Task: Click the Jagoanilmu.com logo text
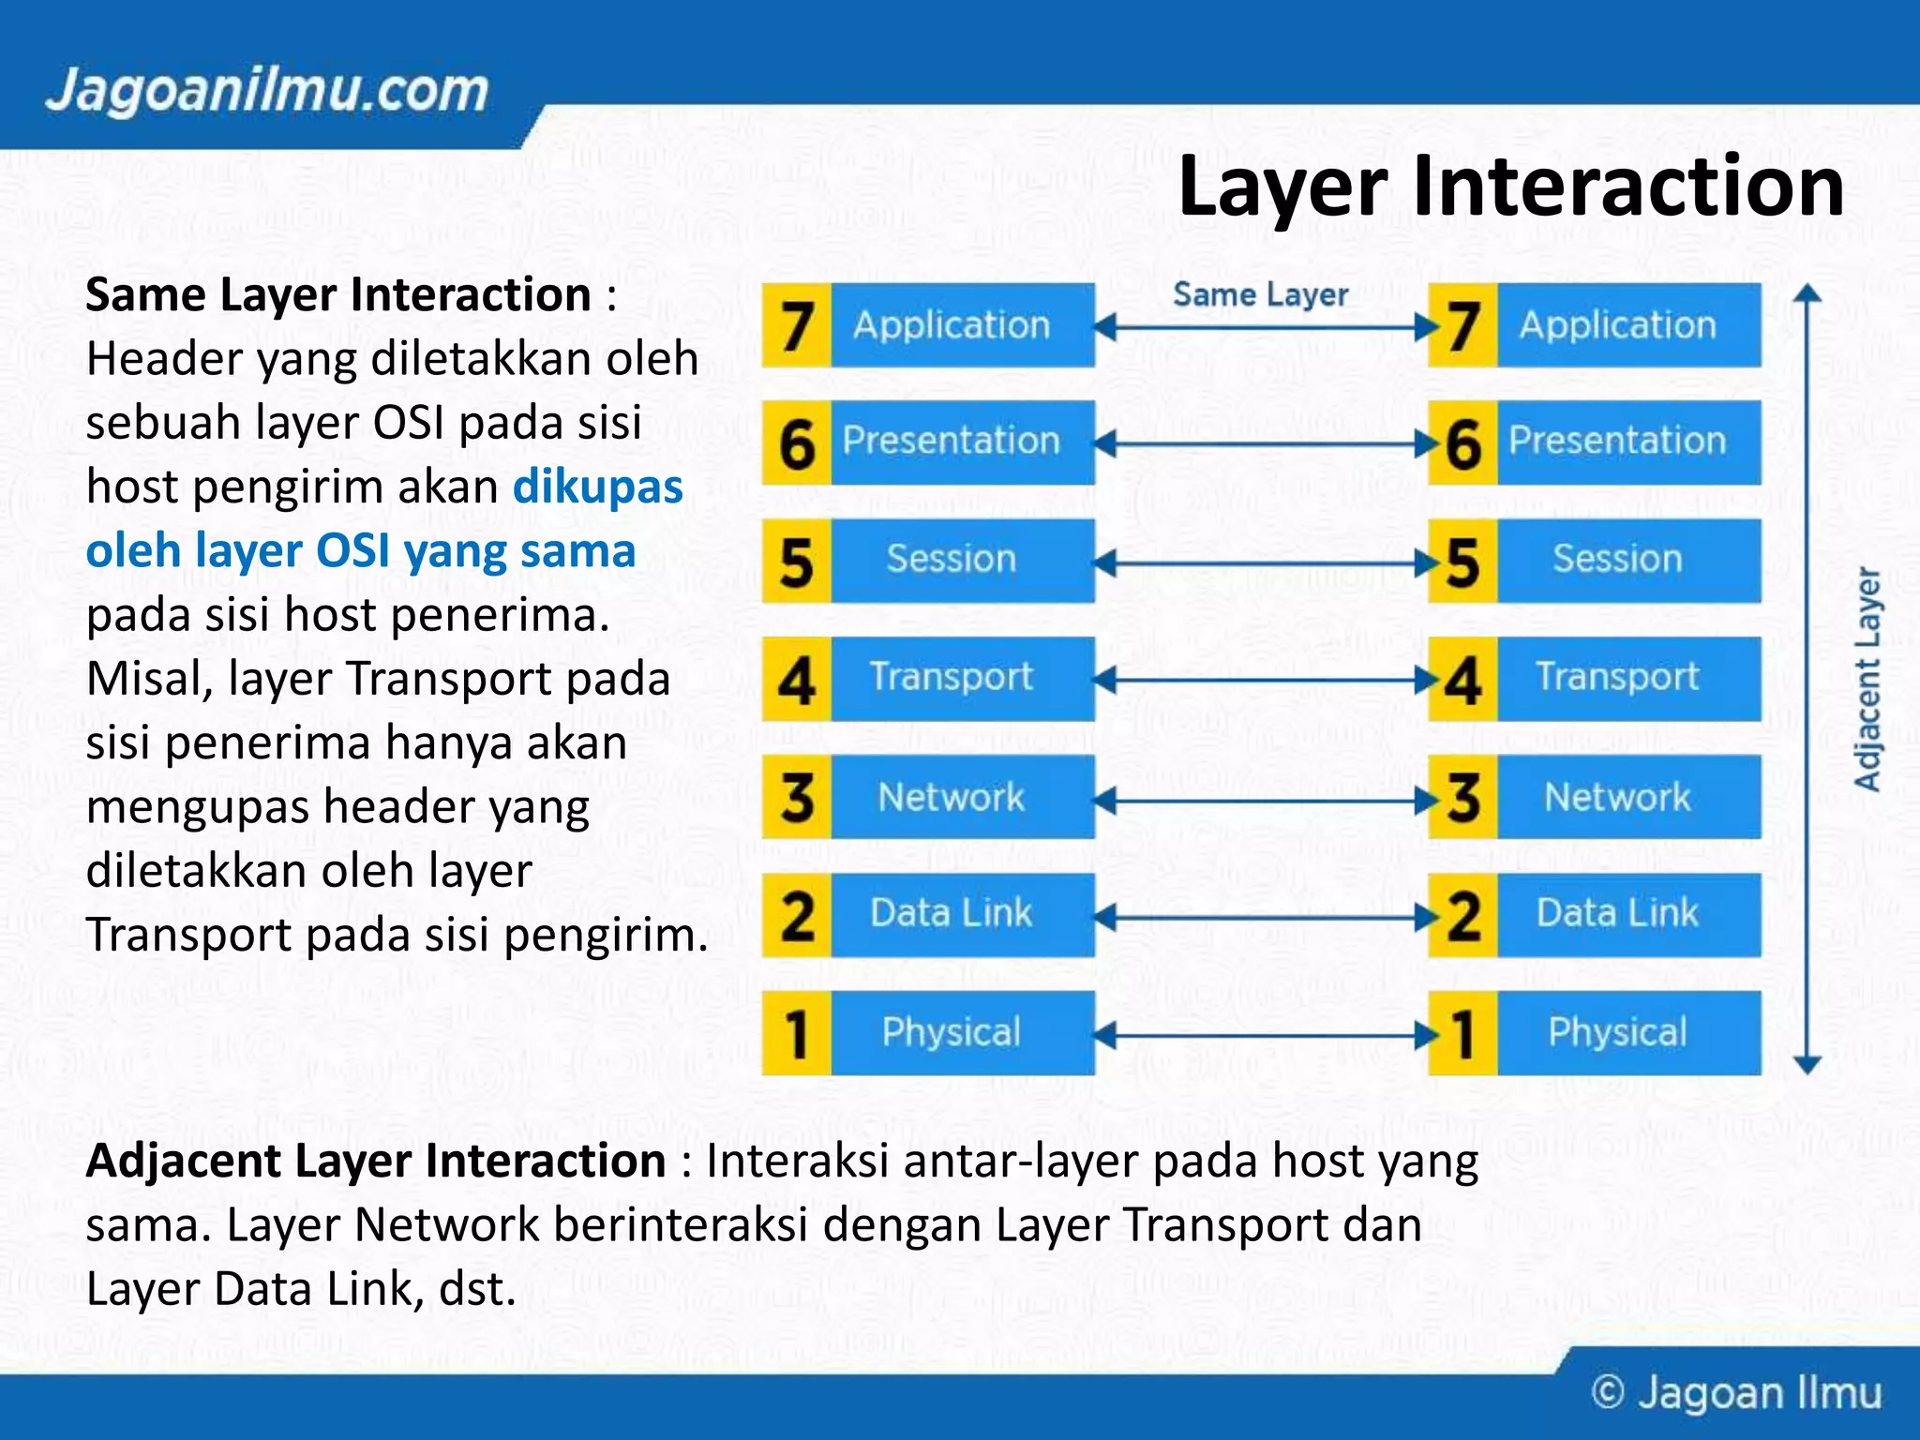(x=267, y=91)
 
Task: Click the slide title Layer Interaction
(x=1510, y=187)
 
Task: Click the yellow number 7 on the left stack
(x=797, y=325)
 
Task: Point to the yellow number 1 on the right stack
(x=1462, y=1033)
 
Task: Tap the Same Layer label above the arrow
(x=1260, y=295)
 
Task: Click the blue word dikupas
(x=598, y=487)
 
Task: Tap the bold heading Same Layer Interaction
(x=338, y=295)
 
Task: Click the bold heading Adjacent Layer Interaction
(x=376, y=1161)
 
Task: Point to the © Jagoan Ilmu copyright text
(x=1736, y=1393)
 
